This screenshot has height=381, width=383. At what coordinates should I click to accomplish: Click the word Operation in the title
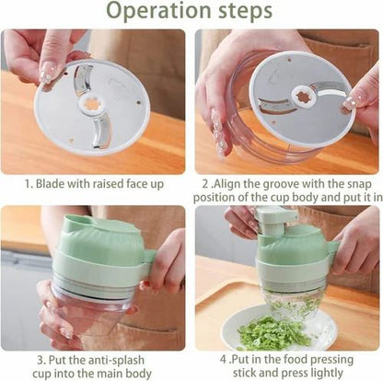coord(159,12)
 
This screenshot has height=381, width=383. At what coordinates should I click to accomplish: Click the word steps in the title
coord(244,12)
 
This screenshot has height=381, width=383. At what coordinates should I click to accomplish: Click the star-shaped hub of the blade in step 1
coord(92,103)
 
